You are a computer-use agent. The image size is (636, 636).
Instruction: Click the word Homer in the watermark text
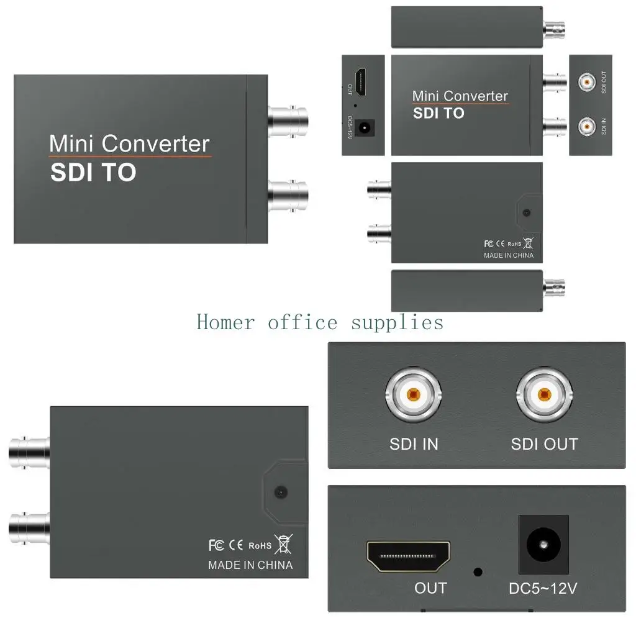point(225,322)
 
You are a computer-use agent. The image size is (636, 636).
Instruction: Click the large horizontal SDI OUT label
point(544,444)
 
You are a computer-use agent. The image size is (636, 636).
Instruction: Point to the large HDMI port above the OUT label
point(408,556)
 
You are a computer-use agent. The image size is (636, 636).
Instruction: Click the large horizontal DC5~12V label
point(543,588)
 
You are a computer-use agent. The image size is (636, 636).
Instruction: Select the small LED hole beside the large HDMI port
point(477,572)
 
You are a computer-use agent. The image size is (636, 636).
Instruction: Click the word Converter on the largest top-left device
point(155,144)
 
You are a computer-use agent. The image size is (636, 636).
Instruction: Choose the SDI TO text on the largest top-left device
point(93,173)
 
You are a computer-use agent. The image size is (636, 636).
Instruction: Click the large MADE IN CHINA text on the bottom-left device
point(250,565)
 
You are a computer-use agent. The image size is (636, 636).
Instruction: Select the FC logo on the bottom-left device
point(216,545)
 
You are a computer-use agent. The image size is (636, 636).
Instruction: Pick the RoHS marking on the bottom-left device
point(260,546)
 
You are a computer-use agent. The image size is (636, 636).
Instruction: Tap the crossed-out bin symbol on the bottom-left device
point(283,545)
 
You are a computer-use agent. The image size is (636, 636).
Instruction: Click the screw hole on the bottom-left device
point(281,492)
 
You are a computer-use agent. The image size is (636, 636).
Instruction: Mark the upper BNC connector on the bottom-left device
point(29,452)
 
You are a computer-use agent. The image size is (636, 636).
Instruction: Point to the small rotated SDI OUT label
point(604,82)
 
